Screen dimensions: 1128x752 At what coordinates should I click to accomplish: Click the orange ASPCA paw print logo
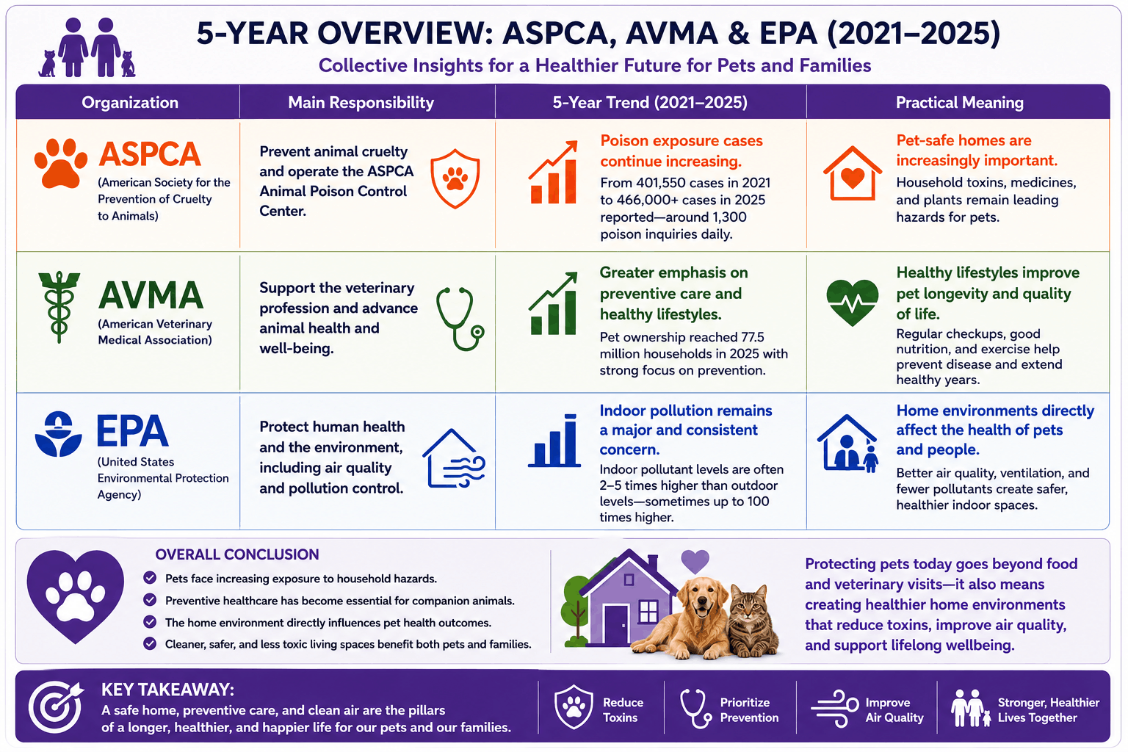(x=60, y=163)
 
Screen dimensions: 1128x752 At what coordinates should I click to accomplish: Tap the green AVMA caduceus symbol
(x=59, y=307)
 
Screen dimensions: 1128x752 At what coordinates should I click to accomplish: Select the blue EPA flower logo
(x=59, y=434)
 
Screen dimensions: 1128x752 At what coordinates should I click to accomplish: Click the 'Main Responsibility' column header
(x=361, y=103)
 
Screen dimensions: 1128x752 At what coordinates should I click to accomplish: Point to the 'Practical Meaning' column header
(x=959, y=103)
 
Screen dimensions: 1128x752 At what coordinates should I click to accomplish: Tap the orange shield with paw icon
(x=455, y=178)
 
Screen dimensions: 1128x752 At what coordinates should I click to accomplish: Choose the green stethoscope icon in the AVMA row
(x=459, y=319)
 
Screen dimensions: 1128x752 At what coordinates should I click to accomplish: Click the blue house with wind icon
(x=454, y=458)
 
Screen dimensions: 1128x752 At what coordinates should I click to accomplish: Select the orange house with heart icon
(x=852, y=173)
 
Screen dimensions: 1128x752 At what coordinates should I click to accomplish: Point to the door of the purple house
(x=616, y=625)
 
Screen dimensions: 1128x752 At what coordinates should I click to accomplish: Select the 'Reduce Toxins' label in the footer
(x=623, y=709)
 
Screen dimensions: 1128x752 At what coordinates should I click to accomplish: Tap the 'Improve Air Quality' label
(x=894, y=709)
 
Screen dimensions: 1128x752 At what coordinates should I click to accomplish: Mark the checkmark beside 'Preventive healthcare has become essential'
(x=150, y=600)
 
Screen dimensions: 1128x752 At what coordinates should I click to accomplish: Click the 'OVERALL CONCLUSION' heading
(x=237, y=554)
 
